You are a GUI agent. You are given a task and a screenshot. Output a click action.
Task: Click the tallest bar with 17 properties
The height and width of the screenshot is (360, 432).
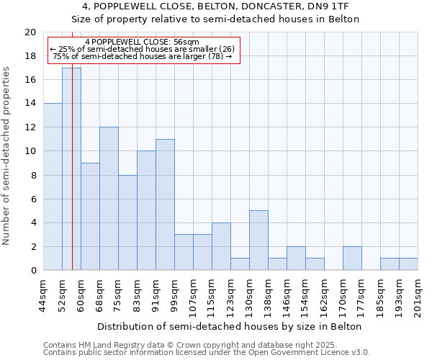pos(71,168)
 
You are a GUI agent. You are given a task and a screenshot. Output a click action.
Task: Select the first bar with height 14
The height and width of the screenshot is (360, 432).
pos(53,186)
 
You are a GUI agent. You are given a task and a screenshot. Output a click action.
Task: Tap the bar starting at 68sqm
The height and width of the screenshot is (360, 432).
pos(109,199)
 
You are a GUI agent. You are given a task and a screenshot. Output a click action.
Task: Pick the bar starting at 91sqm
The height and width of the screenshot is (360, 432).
pos(165,204)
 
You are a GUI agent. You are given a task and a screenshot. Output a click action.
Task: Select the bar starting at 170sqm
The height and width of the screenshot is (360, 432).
pos(352,258)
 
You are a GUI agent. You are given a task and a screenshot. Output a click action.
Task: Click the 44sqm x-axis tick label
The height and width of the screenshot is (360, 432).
pos(44,294)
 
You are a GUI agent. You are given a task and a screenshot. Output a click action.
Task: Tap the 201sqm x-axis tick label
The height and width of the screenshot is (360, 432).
pos(418,294)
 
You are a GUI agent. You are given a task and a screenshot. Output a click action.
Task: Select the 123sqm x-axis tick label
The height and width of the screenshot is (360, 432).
pos(231,294)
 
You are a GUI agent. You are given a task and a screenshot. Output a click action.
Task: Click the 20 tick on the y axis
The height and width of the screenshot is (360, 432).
pos(30,32)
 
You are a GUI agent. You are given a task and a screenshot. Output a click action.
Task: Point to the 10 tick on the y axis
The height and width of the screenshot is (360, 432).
pos(30,151)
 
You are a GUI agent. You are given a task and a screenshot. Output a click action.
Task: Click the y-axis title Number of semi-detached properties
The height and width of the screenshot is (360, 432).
pos(7,156)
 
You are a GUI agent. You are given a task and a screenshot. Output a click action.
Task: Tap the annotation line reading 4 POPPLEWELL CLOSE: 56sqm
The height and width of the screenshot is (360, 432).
pos(142,42)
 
